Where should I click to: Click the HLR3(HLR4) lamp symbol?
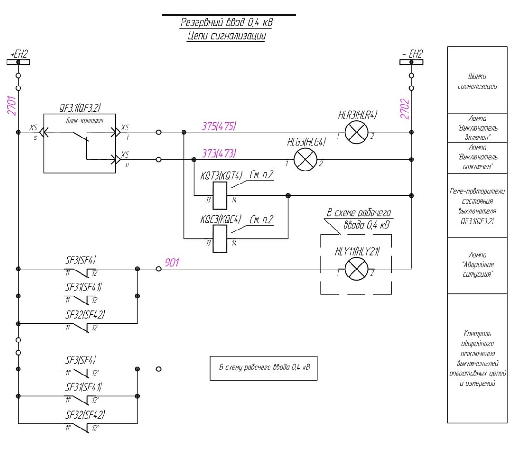coord(357,132)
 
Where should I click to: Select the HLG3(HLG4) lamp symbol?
coord(305,159)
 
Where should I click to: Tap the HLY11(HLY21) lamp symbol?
coord(357,269)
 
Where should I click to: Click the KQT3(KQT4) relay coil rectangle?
coord(220,196)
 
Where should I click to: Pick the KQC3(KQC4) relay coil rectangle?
coord(220,238)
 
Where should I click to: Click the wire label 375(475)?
coord(219,126)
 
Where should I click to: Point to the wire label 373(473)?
coord(219,153)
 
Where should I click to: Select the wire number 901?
coord(172,263)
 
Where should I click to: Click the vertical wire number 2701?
coord(12,105)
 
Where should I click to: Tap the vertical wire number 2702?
coord(405,109)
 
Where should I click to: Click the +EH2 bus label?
coord(19,54)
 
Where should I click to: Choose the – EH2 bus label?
coord(412,54)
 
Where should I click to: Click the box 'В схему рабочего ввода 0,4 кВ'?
coord(263,368)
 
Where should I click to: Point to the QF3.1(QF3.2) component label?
coord(80,108)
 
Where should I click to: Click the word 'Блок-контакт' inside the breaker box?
coord(85,120)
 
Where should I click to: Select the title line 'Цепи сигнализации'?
coord(227,36)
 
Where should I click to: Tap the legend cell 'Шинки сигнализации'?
coord(477,80)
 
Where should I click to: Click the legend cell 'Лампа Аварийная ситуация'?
coord(477,265)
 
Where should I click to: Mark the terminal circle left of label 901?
coord(159,269)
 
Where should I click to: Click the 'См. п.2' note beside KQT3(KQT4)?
coord(262,175)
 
